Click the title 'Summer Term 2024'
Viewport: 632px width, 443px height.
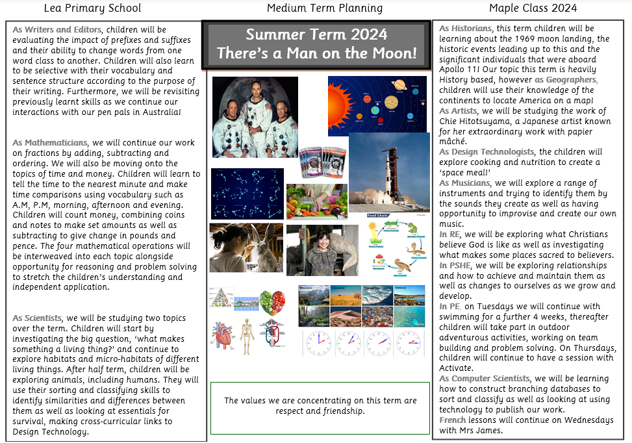tap(316, 34)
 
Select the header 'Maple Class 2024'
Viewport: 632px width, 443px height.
tap(533, 8)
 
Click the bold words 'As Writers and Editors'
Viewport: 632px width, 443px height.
tap(57, 30)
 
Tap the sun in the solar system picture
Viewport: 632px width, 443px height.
tap(335, 97)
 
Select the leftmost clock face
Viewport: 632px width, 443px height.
tap(318, 342)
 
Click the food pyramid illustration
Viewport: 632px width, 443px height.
tap(220, 298)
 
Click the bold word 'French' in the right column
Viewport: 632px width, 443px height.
tap(451, 420)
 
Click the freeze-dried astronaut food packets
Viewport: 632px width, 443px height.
tap(323, 162)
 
